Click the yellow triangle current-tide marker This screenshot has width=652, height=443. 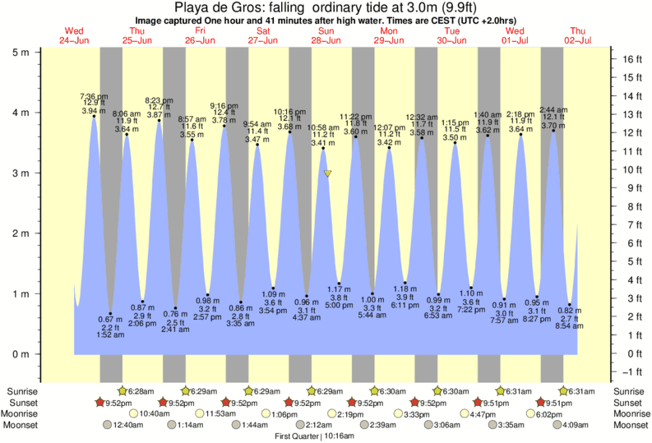(327, 173)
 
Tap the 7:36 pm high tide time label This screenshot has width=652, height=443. (94, 95)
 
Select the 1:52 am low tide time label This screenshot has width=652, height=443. (110, 335)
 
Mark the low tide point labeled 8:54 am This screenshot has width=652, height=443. (569, 305)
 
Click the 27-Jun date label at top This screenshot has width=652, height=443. (263, 40)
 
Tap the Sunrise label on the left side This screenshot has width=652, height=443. (22, 391)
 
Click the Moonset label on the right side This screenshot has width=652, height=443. (629, 426)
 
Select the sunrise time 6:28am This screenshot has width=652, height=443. (145, 391)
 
